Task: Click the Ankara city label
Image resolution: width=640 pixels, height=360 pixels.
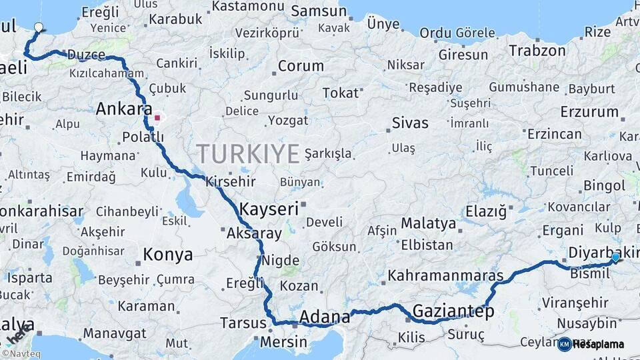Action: click(x=124, y=109)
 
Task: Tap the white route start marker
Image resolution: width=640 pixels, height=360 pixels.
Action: click(x=39, y=28)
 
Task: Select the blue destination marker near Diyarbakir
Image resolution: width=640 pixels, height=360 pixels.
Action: click(x=615, y=257)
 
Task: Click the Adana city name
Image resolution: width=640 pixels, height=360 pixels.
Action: click(x=325, y=316)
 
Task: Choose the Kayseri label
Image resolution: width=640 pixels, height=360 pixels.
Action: click(x=269, y=209)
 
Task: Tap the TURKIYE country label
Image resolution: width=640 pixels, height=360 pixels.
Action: click(x=248, y=154)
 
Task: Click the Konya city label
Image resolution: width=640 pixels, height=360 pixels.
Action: click(x=168, y=254)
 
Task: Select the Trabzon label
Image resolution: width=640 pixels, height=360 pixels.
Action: click(x=537, y=50)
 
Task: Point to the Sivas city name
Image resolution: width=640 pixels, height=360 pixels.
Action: click(x=410, y=123)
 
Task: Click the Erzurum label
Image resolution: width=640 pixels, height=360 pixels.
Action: click(x=589, y=111)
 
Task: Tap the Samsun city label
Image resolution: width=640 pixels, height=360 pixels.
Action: click(x=319, y=11)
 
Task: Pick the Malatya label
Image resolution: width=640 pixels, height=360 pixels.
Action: click(x=428, y=223)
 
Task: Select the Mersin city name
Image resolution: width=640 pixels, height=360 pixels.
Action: click(x=283, y=342)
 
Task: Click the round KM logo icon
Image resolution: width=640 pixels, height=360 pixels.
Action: click(x=565, y=344)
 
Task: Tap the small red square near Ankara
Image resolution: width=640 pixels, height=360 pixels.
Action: click(x=157, y=118)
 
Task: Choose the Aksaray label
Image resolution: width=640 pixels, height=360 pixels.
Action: click(x=254, y=233)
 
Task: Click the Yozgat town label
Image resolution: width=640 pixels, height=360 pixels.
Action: click(x=288, y=121)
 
